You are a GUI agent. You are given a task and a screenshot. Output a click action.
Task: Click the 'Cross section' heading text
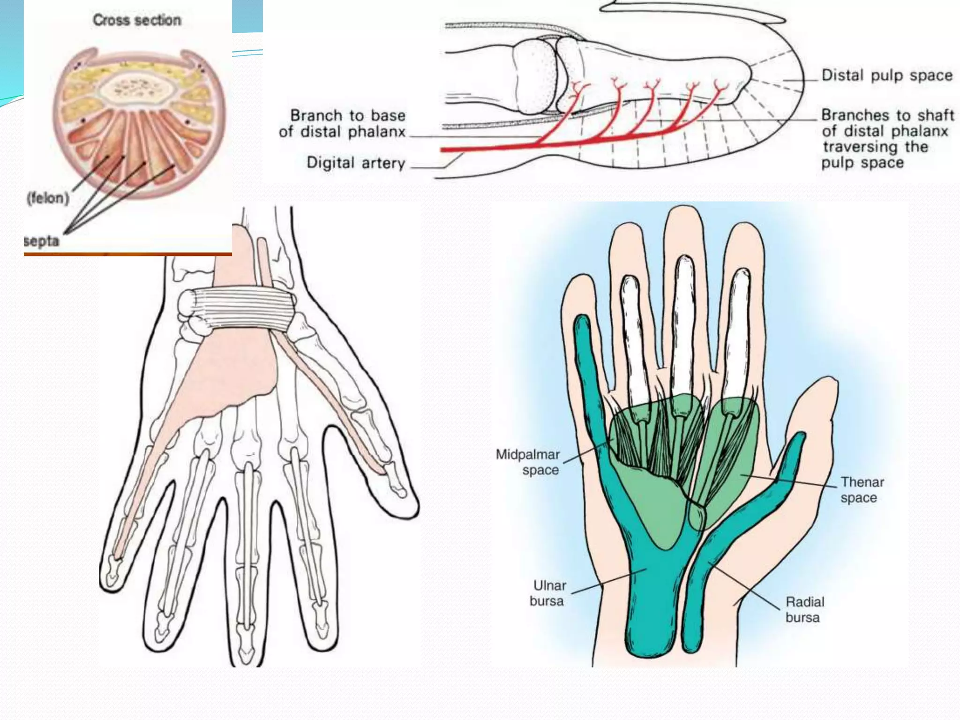(137, 20)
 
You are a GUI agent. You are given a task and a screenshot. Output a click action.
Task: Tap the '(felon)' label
(48, 198)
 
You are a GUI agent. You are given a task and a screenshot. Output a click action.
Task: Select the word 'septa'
(42, 241)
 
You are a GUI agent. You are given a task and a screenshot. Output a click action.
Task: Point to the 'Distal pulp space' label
(887, 75)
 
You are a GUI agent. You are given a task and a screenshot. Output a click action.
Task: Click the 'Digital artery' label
(356, 163)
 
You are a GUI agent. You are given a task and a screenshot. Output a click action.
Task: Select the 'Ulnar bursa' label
(548, 593)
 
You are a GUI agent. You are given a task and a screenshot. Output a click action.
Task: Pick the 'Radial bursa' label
(804, 609)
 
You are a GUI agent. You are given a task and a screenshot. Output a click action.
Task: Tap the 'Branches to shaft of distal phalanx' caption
(887, 138)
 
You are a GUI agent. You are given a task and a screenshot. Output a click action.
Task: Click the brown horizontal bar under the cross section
(127, 254)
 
